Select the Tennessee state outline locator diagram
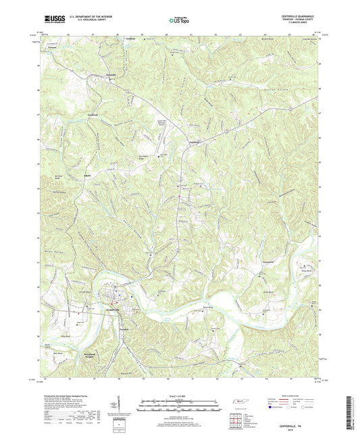238,402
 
